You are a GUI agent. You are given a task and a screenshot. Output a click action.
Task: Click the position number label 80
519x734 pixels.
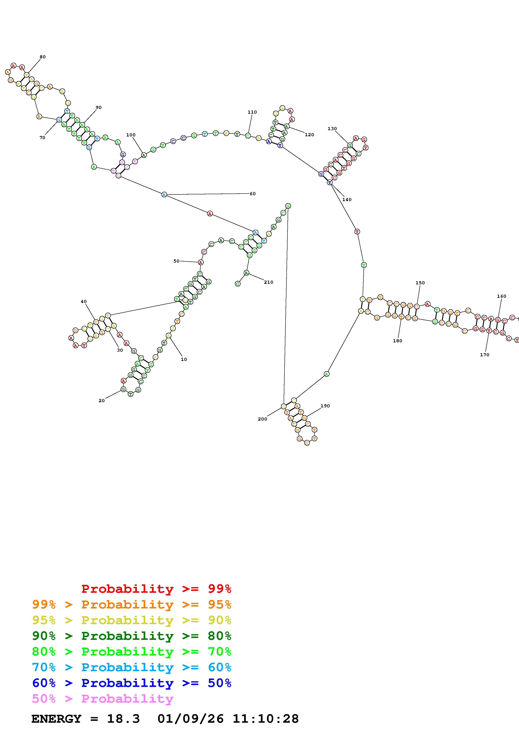point(42,57)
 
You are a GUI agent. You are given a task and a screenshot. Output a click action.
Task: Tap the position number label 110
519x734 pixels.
point(252,112)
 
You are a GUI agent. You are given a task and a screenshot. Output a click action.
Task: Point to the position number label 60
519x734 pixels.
point(253,194)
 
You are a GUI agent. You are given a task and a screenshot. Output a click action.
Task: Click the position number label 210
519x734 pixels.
point(269,282)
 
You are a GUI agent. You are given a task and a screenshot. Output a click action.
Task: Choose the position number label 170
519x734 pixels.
point(484,355)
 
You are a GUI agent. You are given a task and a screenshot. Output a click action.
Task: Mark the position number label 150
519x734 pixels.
point(420,283)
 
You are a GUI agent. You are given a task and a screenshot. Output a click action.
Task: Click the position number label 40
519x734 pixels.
point(84,302)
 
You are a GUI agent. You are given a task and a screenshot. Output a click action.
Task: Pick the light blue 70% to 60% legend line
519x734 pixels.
point(132,667)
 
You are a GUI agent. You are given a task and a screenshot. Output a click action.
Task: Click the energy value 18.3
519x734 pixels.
point(124,719)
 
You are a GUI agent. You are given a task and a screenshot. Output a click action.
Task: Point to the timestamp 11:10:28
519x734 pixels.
point(265,719)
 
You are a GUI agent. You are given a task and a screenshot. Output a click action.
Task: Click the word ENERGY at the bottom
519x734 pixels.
point(56,719)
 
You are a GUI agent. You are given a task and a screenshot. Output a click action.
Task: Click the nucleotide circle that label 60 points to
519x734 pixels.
point(164,195)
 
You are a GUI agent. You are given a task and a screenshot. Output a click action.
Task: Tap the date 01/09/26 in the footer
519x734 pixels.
point(191,719)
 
